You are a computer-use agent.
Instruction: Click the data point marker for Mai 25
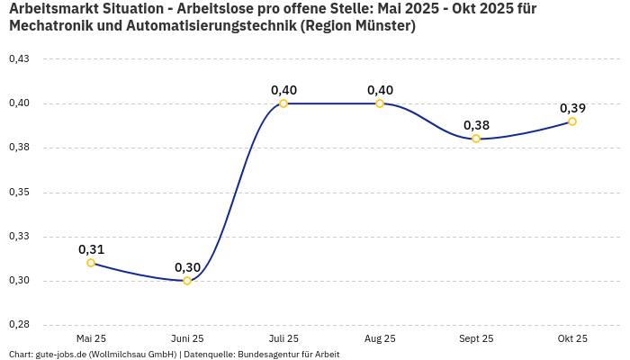point(91,263)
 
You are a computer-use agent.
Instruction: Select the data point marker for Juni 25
point(187,281)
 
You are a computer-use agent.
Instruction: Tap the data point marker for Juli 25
point(283,103)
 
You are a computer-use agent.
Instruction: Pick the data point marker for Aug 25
point(380,103)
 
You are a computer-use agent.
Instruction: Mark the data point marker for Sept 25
point(476,139)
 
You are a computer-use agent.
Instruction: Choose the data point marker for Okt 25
point(572,121)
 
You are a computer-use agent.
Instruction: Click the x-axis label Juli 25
point(283,338)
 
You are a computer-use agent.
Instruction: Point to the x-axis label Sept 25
point(476,338)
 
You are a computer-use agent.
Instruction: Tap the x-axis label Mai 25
point(91,338)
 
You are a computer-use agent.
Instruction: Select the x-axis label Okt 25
point(572,338)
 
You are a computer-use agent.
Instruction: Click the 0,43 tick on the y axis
point(19,59)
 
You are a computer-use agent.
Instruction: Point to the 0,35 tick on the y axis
point(19,193)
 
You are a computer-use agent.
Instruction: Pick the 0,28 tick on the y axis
point(19,325)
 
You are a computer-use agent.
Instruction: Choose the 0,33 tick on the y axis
point(19,237)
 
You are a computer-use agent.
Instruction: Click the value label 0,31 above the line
point(91,249)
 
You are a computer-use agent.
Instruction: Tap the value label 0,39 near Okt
point(572,108)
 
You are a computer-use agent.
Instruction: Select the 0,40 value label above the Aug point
point(380,90)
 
